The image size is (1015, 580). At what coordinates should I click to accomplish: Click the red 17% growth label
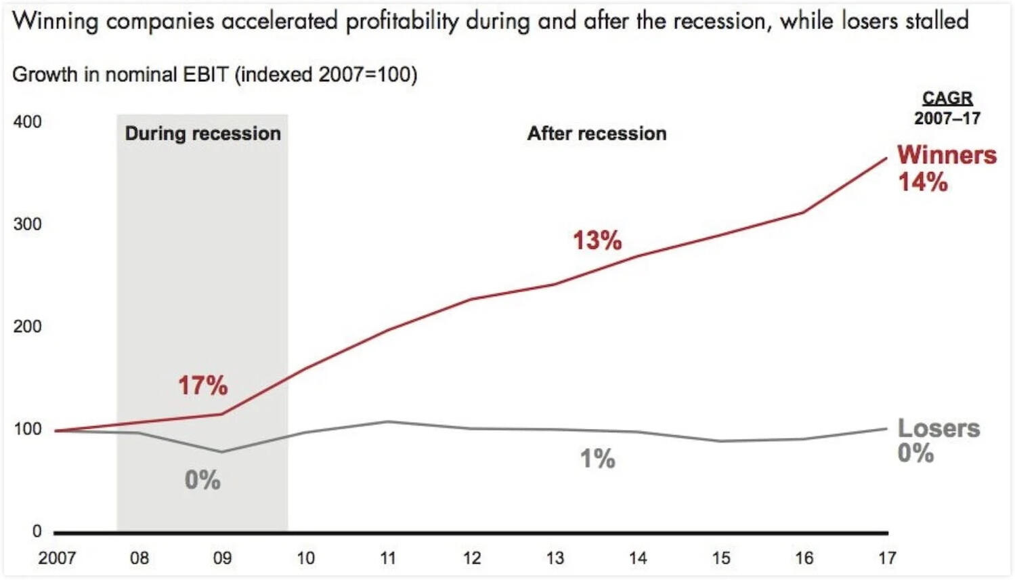click(x=202, y=386)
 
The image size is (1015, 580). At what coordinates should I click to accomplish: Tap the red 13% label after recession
click(x=597, y=240)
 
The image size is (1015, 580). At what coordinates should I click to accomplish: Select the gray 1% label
click(x=597, y=459)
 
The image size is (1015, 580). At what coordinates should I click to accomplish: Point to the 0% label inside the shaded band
click(x=202, y=480)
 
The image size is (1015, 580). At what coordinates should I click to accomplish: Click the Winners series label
click(x=947, y=155)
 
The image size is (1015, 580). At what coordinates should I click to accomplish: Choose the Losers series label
click(x=938, y=428)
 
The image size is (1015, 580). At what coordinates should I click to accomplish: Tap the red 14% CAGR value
click(x=922, y=182)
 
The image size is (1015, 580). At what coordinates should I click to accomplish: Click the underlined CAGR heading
click(x=947, y=98)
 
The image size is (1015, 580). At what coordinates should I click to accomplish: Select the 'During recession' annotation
click(x=202, y=133)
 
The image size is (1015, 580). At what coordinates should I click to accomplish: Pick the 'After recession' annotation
click(x=597, y=133)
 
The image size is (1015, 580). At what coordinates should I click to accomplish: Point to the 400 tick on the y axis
click(x=27, y=122)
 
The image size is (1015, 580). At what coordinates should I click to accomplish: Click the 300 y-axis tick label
click(x=27, y=224)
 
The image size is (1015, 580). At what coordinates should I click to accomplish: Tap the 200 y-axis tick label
click(x=27, y=327)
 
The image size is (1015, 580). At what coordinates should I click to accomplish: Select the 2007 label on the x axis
click(x=57, y=558)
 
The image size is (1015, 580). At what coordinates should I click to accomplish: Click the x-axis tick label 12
click(x=471, y=558)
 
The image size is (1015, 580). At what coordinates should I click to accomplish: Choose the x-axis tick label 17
click(x=887, y=558)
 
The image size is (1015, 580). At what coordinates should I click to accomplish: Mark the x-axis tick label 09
click(x=222, y=558)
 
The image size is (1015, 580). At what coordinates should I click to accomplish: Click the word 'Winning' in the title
click(x=56, y=22)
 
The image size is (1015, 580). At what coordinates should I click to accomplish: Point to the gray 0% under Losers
click(x=915, y=453)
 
